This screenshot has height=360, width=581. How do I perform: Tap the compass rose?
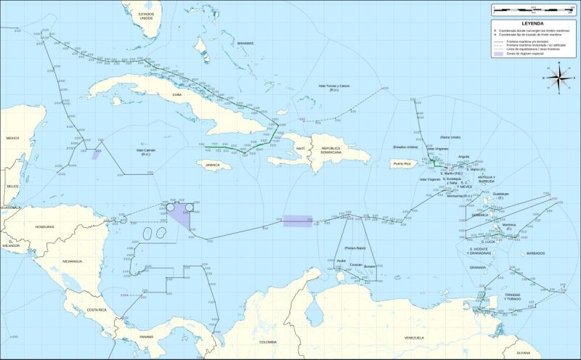pos(558,78)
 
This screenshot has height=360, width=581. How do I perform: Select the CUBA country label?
pos(177,95)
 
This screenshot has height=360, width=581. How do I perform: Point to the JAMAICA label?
pos(212,165)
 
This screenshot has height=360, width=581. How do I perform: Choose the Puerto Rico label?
pos(402,164)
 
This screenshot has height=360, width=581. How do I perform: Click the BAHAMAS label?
pos(245,44)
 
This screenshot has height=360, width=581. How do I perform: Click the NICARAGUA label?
pos(71,261)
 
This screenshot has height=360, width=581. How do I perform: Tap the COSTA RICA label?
pos(97,311)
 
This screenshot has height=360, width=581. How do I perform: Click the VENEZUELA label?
pos(414,338)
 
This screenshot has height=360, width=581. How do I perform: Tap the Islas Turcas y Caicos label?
pos(333,87)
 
